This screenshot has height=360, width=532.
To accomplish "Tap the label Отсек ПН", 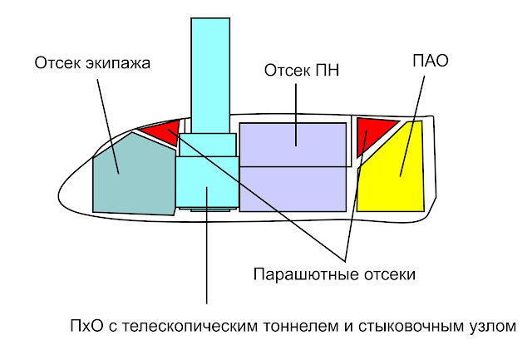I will (x=299, y=70).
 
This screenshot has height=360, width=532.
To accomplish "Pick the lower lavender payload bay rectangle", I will (x=293, y=188).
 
